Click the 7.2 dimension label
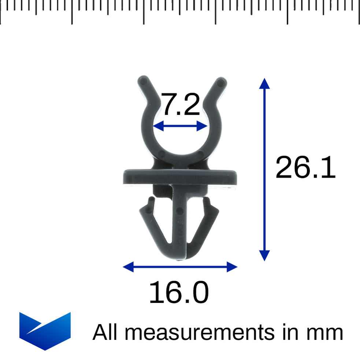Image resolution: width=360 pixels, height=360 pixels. [x=181, y=104]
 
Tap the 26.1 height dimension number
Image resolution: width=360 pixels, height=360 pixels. [x=305, y=167]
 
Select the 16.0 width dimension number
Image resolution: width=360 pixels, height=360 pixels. [x=179, y=292]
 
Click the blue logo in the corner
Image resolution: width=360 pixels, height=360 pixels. [x=45, y=331]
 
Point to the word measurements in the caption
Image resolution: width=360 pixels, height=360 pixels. [x=200, y=333]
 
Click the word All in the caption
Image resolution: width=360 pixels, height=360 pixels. [x=105, y=332]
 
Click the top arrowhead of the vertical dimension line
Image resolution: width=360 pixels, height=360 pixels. [x=264, y=83]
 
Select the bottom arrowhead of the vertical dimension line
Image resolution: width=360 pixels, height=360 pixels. [x=264, y=256]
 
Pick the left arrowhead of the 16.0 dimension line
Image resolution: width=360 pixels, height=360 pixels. [x=128, y=267]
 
